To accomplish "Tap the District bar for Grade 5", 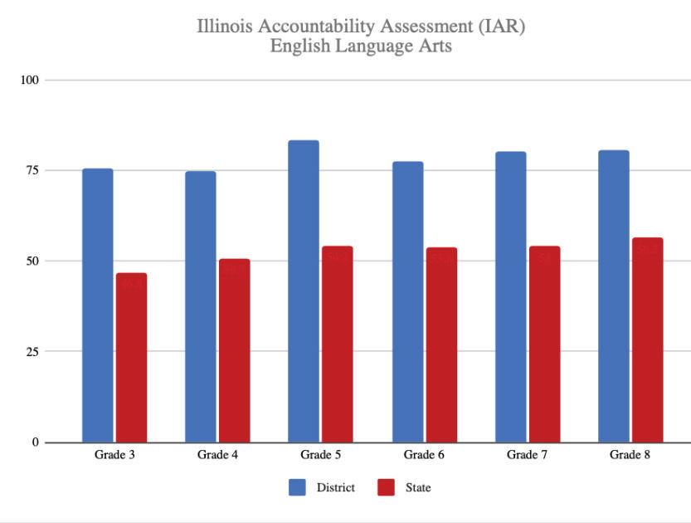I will pyautogui.click(x=304, y=291).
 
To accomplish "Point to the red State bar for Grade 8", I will pyautogui.click(x=647, y=340).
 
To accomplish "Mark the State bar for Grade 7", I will pyautogui.click(x=544, y=344).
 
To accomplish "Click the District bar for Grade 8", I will pyautogui.click(x=613, y=296).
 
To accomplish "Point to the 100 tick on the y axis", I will pyautogui.click(x=30, y=80).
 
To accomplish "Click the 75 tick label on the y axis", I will pyautogui.click(x=32, y=170).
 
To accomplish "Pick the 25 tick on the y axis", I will pyautogui.click(x=32, y=351).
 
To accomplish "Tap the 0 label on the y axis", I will pyautogui.click(x=36, y=442).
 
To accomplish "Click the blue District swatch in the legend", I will pyautogui.click(x=297, y=487).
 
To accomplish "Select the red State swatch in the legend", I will pyautogui.click(x=386, y=487).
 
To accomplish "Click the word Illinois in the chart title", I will pyautogui.click(x=225, y=27).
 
